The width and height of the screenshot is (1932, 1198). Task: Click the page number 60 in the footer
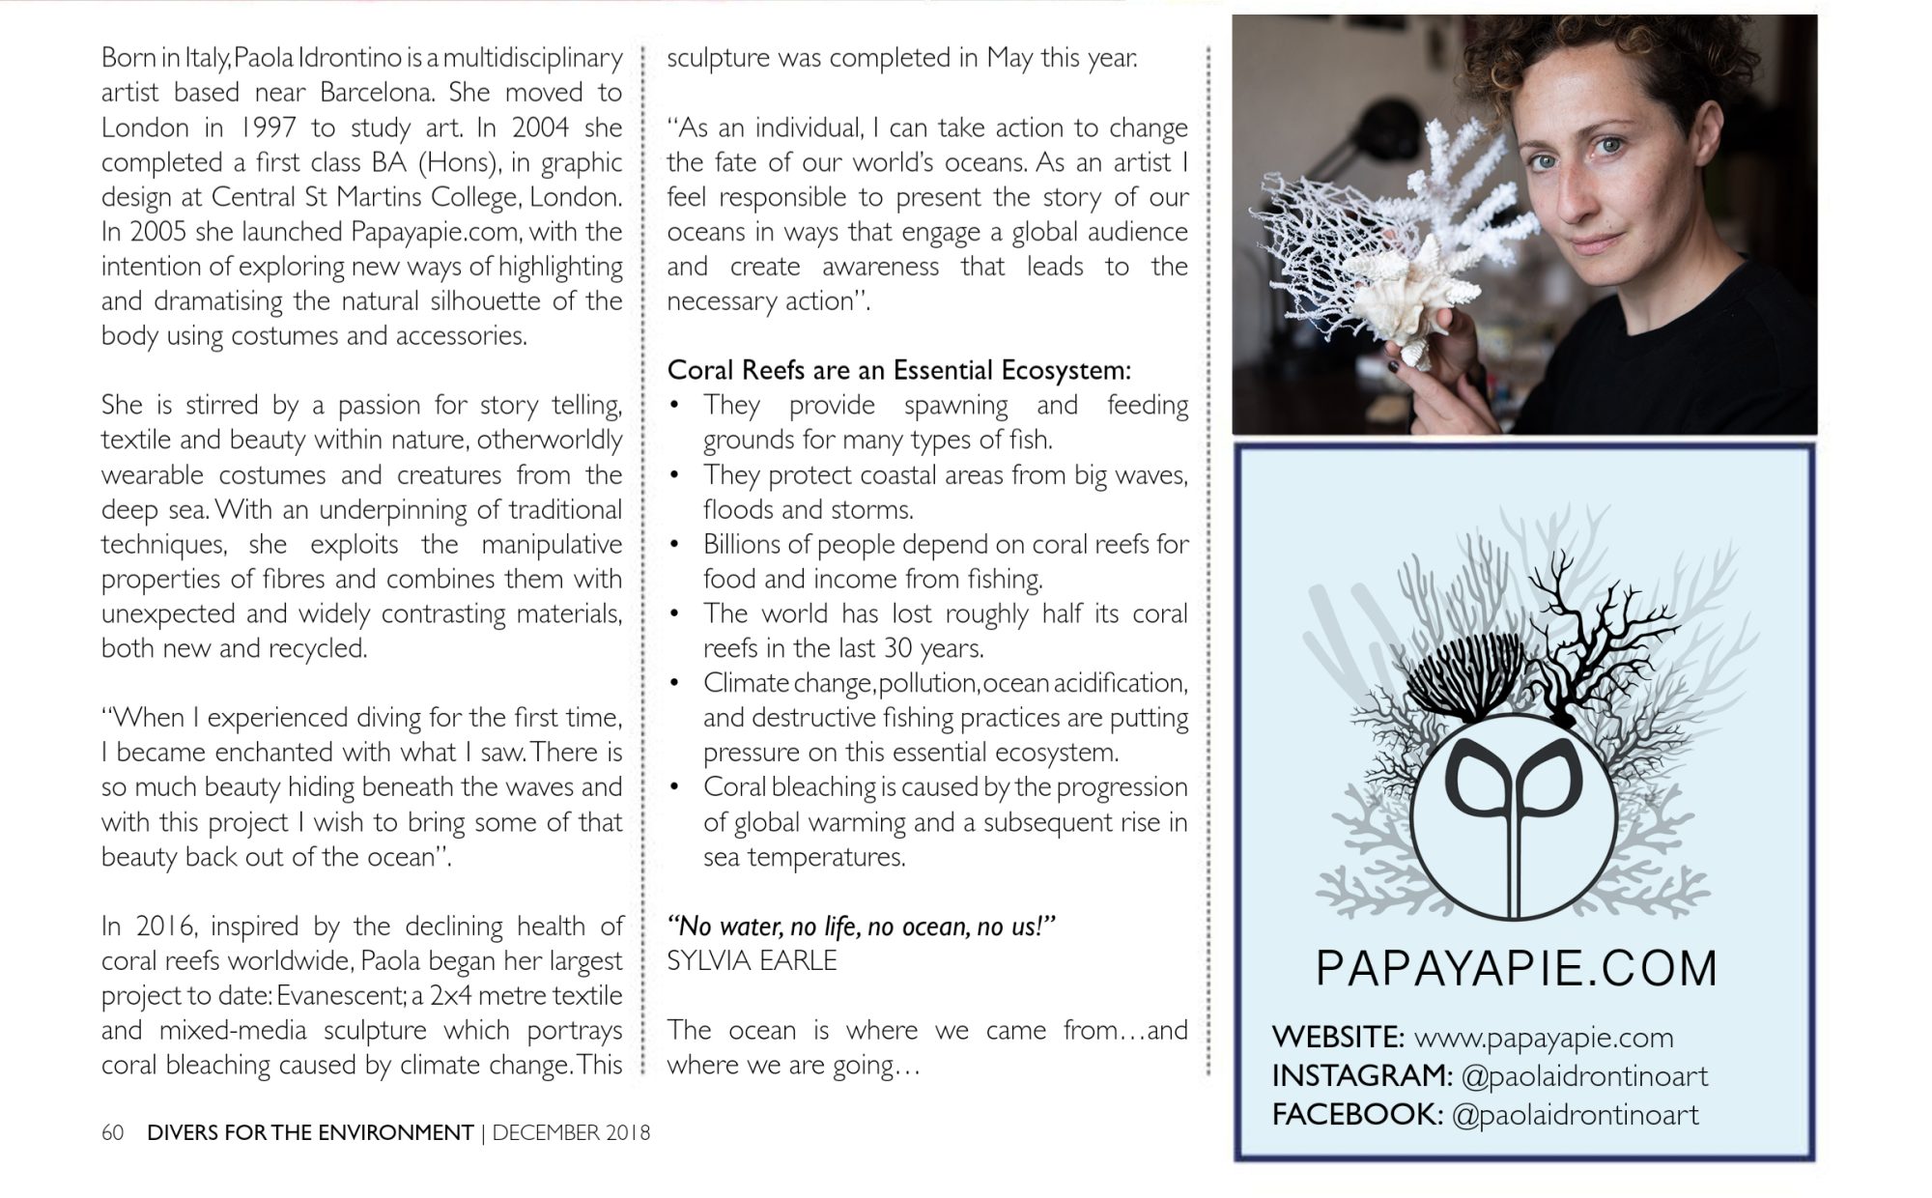tap(112, 1132)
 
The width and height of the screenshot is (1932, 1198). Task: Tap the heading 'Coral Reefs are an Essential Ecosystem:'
tap(898, 370)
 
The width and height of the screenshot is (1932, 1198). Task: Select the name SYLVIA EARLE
tap(752, 960)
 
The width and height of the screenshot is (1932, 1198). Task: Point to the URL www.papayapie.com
tap(1543, 1038)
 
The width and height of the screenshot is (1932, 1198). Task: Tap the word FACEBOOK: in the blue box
tap(1357, 1115)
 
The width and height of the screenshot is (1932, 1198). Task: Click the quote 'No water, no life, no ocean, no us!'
tap(861, 927)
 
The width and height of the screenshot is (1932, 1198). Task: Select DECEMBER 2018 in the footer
tap(571, 1132)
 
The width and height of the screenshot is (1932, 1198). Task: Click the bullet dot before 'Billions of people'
tap(677, 545)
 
